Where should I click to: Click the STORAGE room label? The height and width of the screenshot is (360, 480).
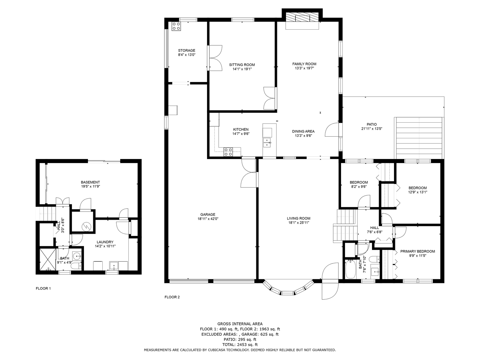click(x=186, y=50)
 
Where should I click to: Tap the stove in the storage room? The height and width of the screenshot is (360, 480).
click(x=176, y=26)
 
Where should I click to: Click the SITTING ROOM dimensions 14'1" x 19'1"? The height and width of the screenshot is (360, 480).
click(x=242, y=69)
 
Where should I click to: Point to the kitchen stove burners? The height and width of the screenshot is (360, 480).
click(x=228, y=152)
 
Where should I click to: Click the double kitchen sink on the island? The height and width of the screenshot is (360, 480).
click(x=267, y=143)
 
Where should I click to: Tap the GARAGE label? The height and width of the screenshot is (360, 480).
click(x=208, y=214)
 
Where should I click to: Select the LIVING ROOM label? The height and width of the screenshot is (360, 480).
click(x=298, y=218)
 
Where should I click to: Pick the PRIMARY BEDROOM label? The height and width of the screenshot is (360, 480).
click(x=417, y=251)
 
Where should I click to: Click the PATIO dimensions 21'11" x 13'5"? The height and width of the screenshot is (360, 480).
click(x=372, y=129)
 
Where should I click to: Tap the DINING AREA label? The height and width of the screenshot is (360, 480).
click(x=303, y=131)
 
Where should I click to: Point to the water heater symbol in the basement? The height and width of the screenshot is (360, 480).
click(x=86, y=227)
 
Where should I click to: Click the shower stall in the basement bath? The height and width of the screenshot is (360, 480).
click(x=47, y=259)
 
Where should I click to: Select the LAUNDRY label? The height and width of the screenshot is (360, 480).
click(x=105, y=242)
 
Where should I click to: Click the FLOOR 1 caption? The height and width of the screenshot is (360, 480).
click(x=43, y=289)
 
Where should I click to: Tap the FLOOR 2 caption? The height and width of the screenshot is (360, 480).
click(x=172, y=297)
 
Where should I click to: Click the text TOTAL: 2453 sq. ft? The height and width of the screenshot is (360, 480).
click(x=240, y=345)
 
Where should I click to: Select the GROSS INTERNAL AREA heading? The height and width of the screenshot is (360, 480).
click(x=240, y=324)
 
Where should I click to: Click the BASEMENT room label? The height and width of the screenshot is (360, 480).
click(x=90, y=182)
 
